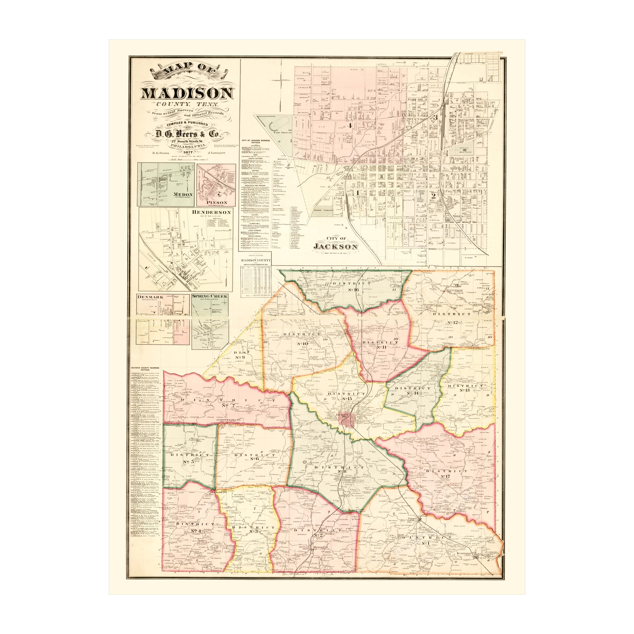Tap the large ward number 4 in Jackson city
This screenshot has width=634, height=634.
point(350,125)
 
